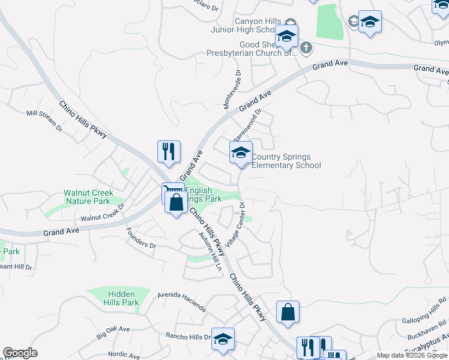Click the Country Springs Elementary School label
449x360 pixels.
(x=286, y=161)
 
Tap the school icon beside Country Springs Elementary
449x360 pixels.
(x=241, y=152)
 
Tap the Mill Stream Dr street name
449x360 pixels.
(x=44, y=120)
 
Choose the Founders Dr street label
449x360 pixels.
(x=141, y=238)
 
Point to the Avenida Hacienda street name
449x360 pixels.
(x=181, y=302)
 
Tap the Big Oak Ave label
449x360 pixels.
(x=113, y=333)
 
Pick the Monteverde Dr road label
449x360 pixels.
(x=232, y=90)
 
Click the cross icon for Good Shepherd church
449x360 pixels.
(x=306, y=47)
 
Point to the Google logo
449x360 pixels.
(x=20, y=353)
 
